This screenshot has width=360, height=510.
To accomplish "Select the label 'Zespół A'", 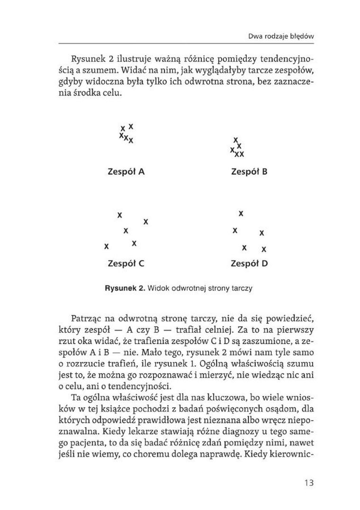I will click(126, 171).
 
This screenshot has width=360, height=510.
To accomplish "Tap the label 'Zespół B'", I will click(249, 171).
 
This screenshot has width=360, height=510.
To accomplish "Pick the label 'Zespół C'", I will click(126, 264).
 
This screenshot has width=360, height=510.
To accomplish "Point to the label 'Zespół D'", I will click(249, 264).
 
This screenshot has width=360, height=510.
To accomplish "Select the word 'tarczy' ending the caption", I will click(242, 288).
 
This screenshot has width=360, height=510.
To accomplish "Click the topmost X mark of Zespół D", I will click(241, 214).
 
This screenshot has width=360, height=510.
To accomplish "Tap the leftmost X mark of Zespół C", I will click(107, 246).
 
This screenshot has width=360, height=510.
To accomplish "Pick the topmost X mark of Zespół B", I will click(235, 140).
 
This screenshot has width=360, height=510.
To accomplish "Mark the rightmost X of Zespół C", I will click(146, 221).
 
